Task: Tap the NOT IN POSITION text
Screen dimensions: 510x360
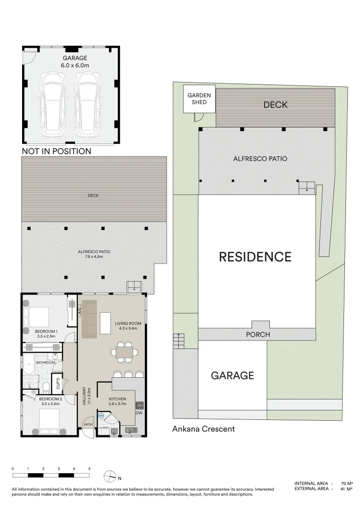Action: (57, 152)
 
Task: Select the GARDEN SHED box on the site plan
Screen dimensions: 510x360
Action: (199, 99)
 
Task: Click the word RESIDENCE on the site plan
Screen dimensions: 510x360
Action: (255, 257)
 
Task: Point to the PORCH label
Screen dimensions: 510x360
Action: (258, 334)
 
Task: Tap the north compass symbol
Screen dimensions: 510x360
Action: (109, 476)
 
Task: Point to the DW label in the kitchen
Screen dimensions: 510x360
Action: (139, 413)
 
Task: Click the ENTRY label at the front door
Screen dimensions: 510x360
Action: (88, 425)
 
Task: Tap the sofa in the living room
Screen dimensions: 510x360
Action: (89, 319)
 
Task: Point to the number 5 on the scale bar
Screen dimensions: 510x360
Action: (89, 469)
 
